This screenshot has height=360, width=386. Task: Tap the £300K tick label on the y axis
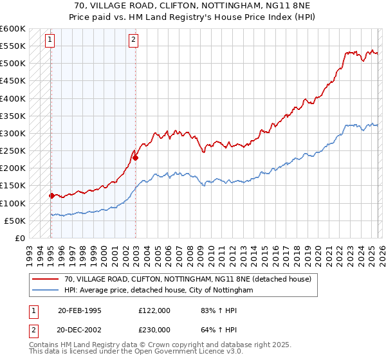pyautogui.click(x=13, y=133)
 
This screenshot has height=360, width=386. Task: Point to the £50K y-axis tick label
pyautogui.click(x=15, y=221)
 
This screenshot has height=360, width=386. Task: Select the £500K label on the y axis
pyautogui.click(x=13, y=64)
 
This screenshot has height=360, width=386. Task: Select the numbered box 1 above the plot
pyautogui.click(x=50, y=40)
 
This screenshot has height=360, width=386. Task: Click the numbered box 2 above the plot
pyautogui.click(x=133, y=40)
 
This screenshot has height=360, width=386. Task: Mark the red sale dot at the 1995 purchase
pyautogui.click(x=51, y=195)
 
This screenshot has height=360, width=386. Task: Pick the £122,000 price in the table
pyautogui.click(x=154, y=310)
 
